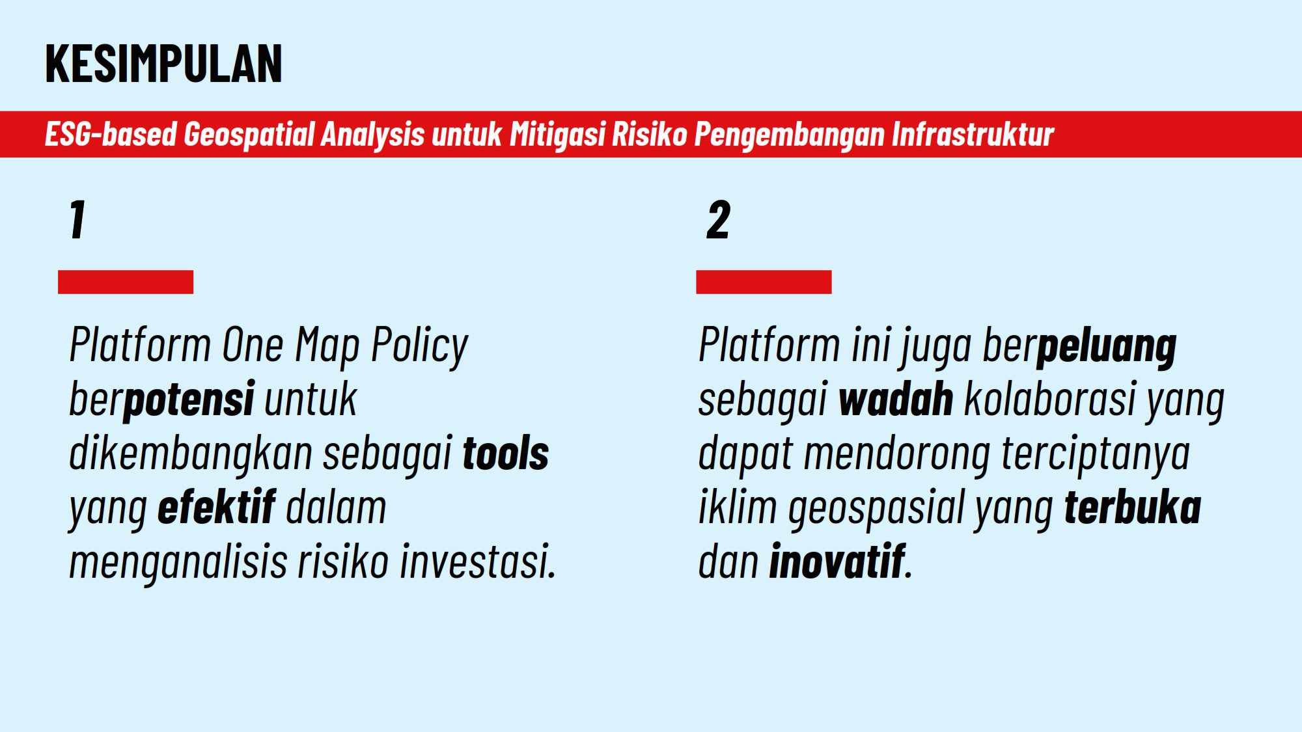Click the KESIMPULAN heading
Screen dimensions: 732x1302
[x=163, y=64]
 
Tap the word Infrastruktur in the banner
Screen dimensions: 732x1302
[x=972, y=135]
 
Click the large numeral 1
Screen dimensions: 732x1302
[x=77, y=220]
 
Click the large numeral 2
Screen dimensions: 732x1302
[x=718, y=220]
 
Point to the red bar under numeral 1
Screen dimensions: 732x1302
[x=126, y=282]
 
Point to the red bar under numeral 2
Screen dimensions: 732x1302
[x=764, y=282]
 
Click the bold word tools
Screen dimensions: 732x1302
[x=505, y=454]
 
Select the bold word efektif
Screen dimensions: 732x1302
[x=216, y=508]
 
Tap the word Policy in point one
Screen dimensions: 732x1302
[x=419, y=346]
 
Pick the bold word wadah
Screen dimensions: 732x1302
[x=896, y=400]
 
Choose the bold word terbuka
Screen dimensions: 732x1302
[x=1132, y=508]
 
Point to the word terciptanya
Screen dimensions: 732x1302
[x=1096, y=454]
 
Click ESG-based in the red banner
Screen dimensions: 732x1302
[x=111, y=135]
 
